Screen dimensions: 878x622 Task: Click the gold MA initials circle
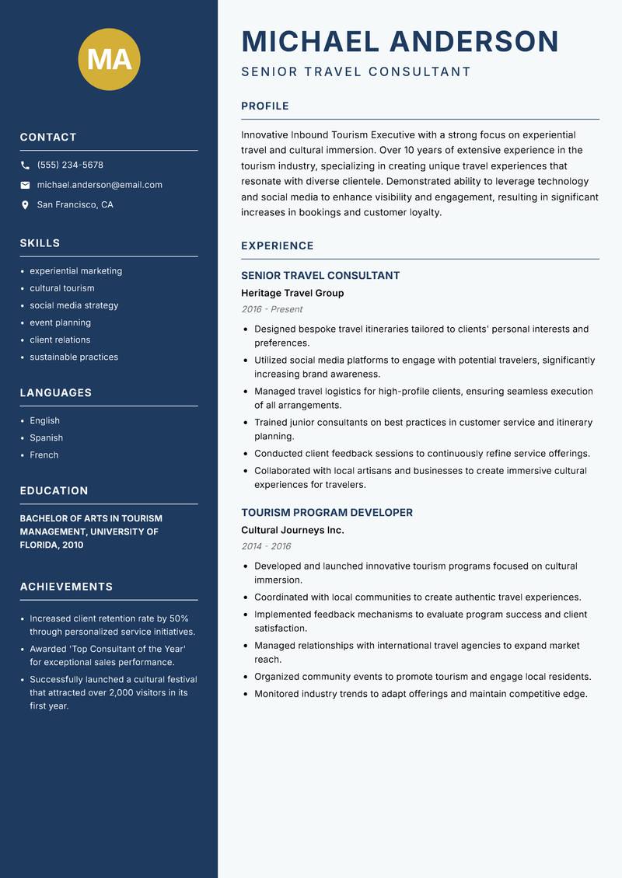[110, 59]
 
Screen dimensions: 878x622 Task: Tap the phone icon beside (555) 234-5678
[25, 165]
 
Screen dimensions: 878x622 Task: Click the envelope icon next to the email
[25, 185]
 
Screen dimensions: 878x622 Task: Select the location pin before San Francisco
[25, 205]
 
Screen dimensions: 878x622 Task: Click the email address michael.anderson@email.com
[100, 185]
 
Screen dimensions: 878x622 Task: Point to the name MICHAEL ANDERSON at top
[400, 41]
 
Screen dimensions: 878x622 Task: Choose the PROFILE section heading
[265, 106]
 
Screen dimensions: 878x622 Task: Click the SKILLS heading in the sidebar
[40, 243]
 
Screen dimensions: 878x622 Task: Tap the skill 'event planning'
[61, 322]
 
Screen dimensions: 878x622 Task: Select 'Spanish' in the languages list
[47, 437]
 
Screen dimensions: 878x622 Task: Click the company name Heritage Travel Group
[292, 293]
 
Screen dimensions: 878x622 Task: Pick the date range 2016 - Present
[272, 309]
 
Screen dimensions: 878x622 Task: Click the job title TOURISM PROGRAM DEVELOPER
[327, 513]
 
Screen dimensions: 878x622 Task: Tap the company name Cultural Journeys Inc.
[292, 530]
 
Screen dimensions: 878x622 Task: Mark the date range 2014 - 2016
[266, 546]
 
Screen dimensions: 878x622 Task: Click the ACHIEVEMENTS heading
[66, 587]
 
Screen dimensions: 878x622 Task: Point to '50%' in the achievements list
[179, 618]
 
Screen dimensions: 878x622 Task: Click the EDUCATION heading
[54, 491]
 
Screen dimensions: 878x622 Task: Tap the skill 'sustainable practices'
[74, 357]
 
